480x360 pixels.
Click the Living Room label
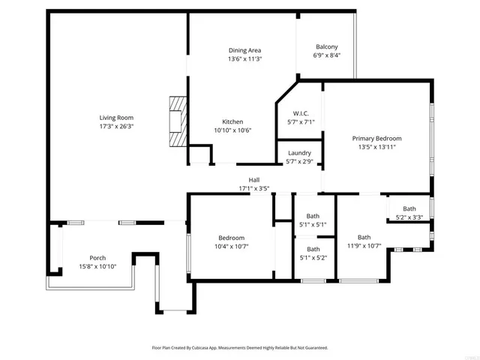point(116,118)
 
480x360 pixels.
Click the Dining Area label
point(244,50)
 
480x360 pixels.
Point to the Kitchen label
point(232,121)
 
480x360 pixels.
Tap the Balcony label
point(326,46)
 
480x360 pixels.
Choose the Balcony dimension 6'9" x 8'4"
point(326,55)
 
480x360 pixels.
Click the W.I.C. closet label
point(300,113)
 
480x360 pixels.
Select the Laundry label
point(299,153)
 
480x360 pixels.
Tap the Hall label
point(254,180)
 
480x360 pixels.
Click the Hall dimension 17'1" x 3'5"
point(254,188)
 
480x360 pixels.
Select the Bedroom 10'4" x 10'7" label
point(231,237)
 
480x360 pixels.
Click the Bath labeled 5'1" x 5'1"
point(313,214)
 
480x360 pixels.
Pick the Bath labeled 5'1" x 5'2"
point(313,249)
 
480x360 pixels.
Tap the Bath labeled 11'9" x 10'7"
point(364,238)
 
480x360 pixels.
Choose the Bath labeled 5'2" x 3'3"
point(409,209)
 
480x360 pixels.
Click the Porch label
point(97,258)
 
